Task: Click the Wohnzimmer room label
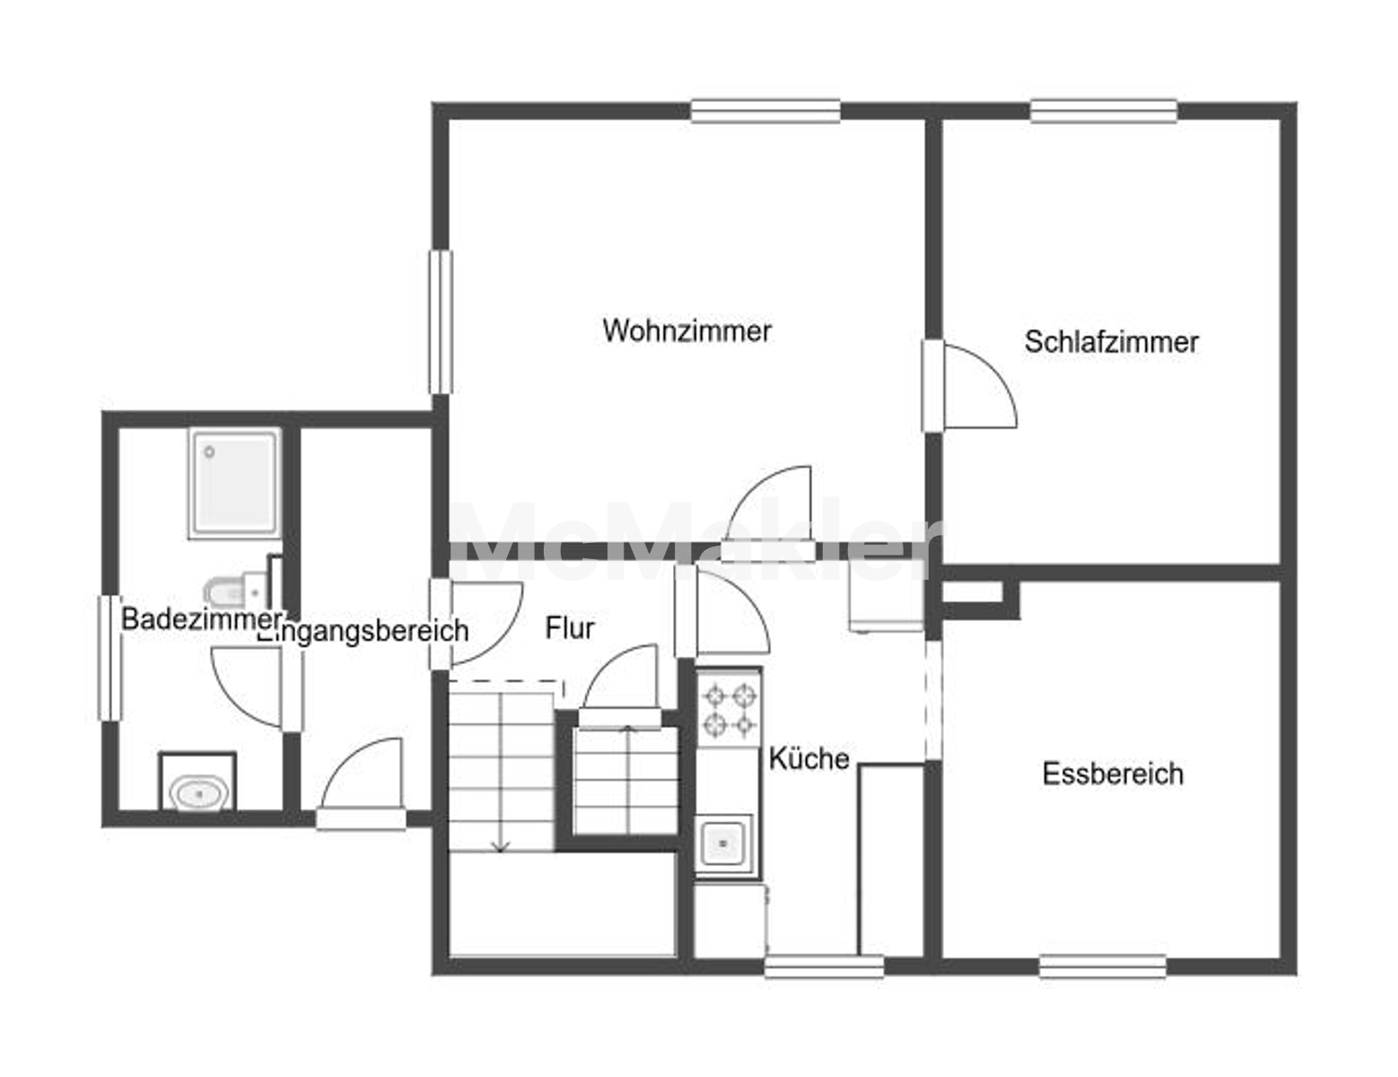click(x=687, y=330)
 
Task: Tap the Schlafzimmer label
click(x=1111, y=342)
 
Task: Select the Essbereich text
click(x=1113, y=774)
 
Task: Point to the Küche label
click(x=808, y=758)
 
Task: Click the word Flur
click(x=570, y=628)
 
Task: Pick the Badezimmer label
click(x=202, y=619)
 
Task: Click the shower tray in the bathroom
click(x=235, y=483)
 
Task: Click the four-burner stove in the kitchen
click(x=729, y=710)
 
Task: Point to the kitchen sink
click(x=723, y=844)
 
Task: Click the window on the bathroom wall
click(x=109, y=658)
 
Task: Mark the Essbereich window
click(x=1103, y=967)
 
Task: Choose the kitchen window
click(x=824, y=967)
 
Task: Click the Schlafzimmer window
click(x=1104, y=110)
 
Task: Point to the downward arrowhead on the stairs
click(x=501, y=846)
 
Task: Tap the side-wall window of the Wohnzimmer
click(x=441, y=321)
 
